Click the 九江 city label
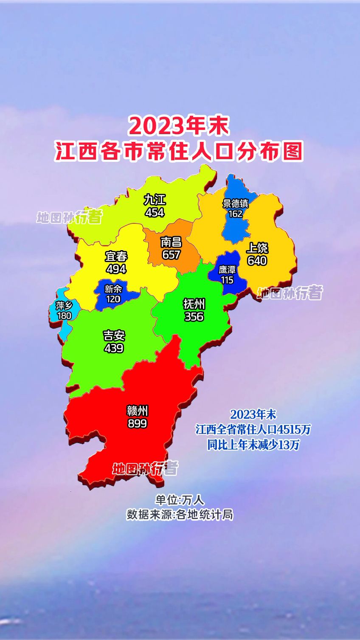click(x=155, y=200)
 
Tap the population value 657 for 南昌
click(x=171, y=255)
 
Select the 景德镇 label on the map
click(x=235, y=203)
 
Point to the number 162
click(x=235, y=214)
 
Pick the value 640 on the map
click(x=257, y=261)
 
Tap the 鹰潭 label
click(x=227, y=270)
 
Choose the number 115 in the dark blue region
click(x=227, y=280)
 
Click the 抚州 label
click(x=194, y=304)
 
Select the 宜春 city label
click(x=116, y=257)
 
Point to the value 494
click(x=116, y=269)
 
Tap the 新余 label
click(x=113, y=289)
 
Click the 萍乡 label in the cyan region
click(x=64, y=305)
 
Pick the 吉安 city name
click(x=114, y=336)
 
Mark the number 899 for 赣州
click(x=137, y=423)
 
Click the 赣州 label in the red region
click(x=137, y=411)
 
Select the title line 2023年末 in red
click(x=179, y=126)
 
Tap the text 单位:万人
click(x=180, y=500)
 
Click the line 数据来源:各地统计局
click(x=180, y=515)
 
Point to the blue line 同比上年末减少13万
click(x=253, y=445)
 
